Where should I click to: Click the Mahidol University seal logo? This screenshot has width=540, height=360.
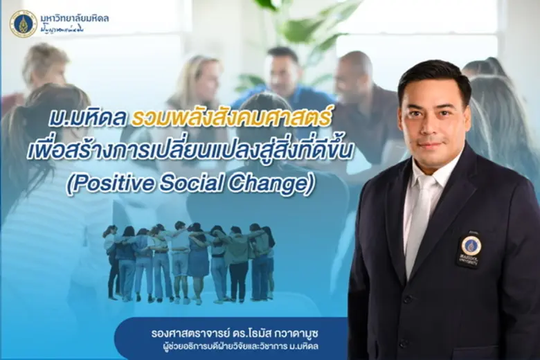pos(24,24)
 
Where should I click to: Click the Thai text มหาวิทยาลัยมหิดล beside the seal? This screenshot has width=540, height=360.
pos(75,18)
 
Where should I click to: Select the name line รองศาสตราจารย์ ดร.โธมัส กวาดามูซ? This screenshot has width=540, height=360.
pos(235,332)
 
